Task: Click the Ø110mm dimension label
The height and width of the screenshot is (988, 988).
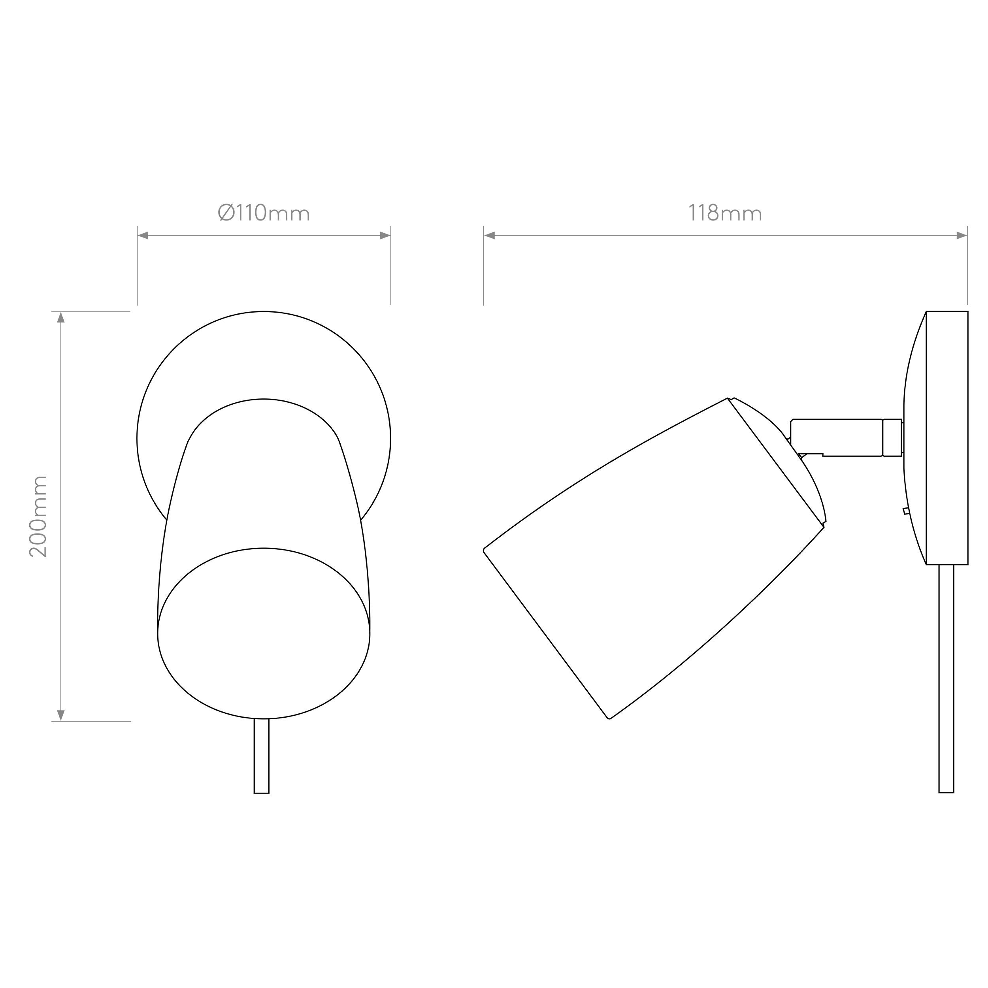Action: pyautogui.click(x=264, y=212)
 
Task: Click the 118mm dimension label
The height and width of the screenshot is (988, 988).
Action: pyautogui.click(x=725, y=212)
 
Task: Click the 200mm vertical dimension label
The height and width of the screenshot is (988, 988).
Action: pyautogui.click(x=38, y=517)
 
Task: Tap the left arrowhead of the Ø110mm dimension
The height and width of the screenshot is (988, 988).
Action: pyautogui.click(x=143, y=236)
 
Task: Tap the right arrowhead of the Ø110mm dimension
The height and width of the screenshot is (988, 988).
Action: pyautogui.click(x=385, y=236)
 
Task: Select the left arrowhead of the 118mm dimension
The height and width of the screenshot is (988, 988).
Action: pyautogui.click(x=489, y=236)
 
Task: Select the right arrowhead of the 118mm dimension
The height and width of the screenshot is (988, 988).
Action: pyautogui.click(x=962, y=236)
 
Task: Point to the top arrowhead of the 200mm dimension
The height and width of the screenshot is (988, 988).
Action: pyautogui.click(x=61, y=318)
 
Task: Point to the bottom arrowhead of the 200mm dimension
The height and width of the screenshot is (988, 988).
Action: pyautogui.click(x=61, y=715)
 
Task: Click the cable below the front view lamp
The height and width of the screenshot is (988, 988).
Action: pyautogui.click(x=261, y=756)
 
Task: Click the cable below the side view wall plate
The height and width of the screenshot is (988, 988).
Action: pyautogui.click(x=947, y=679)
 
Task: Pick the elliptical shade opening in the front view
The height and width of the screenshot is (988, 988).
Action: pyautogui.click(x=264, y=634)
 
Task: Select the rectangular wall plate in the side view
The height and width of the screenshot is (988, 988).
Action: pyautogui.click(x=947, y=438)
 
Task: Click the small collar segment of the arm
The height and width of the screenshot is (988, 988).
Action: pyautogui.click(x=892, y=438)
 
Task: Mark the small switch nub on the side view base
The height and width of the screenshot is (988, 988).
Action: pyautogui.click(x=906, y=511)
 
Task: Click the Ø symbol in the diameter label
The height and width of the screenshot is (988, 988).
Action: pyautogui.click(x=226, y=212)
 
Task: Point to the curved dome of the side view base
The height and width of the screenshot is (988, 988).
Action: pyautogui.click(x=915, y=438)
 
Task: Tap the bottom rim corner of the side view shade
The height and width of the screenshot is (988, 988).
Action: pyautogui.click(x=609, y=718)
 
